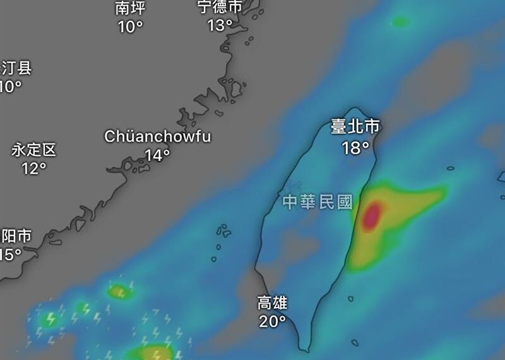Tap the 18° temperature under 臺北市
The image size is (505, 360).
tap(356, 148)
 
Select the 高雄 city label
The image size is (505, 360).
tap(272, 303)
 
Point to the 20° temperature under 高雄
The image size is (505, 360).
tap(273, 321)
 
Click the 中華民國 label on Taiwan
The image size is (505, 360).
tap(316, 202)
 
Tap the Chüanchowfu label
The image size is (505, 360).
tap(158, 136)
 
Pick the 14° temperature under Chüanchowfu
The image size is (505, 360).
tap(158, 155)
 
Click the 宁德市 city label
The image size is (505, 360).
tap(220, 7)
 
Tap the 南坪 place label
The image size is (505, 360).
tap(131, 8)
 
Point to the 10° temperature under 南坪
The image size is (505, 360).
tap(131, 27)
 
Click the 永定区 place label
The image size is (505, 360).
tap(34, 150)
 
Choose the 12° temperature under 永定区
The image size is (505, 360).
tap(34, 169)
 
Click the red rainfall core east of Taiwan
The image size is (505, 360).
tap(372, 215)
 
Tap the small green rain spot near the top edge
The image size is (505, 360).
tap(400, 22)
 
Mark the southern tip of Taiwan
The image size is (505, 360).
tap(305, 349)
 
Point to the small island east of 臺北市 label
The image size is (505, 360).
tap(451, 169)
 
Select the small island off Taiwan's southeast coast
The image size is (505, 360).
tap(351, 298)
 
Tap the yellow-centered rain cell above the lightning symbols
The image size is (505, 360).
tap(118, 292)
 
